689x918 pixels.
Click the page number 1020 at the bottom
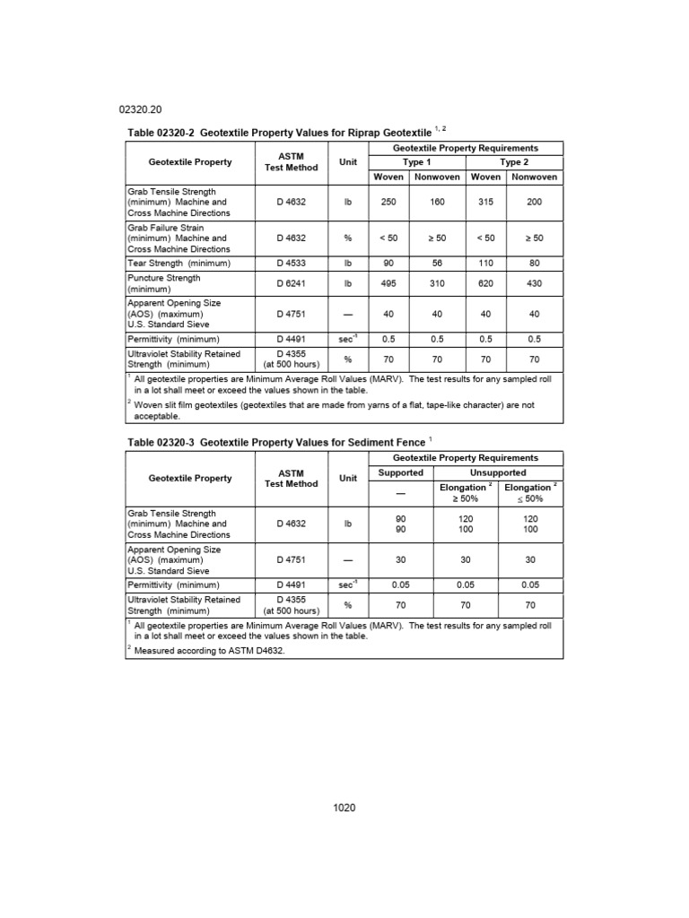[x=344, y=808]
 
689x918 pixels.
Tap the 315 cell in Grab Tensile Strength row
[x=486, y=203]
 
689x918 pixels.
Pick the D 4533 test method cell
[x=292, y=264]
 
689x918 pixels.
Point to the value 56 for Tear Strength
[x=437, y=264]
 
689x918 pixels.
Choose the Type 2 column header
[x=514, y=162]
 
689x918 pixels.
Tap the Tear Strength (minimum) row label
[x=179, y=264]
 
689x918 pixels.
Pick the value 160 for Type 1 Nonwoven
[x=437, y=203]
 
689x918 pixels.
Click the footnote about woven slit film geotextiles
[x=336, y=410]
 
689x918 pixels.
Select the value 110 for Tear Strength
[x=486, y=264]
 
